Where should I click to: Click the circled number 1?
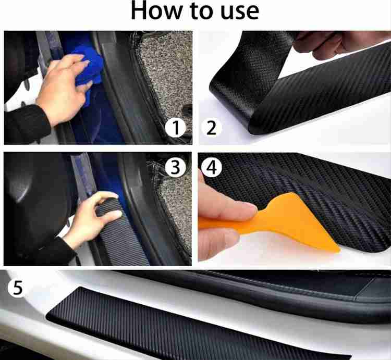click(176, 128)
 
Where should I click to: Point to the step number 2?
click(211, 128)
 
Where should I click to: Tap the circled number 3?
click(176, 167)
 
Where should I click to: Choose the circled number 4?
click(212, 167)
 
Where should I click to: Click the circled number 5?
click(18, 288)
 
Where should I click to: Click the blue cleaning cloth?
click(89, 69)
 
